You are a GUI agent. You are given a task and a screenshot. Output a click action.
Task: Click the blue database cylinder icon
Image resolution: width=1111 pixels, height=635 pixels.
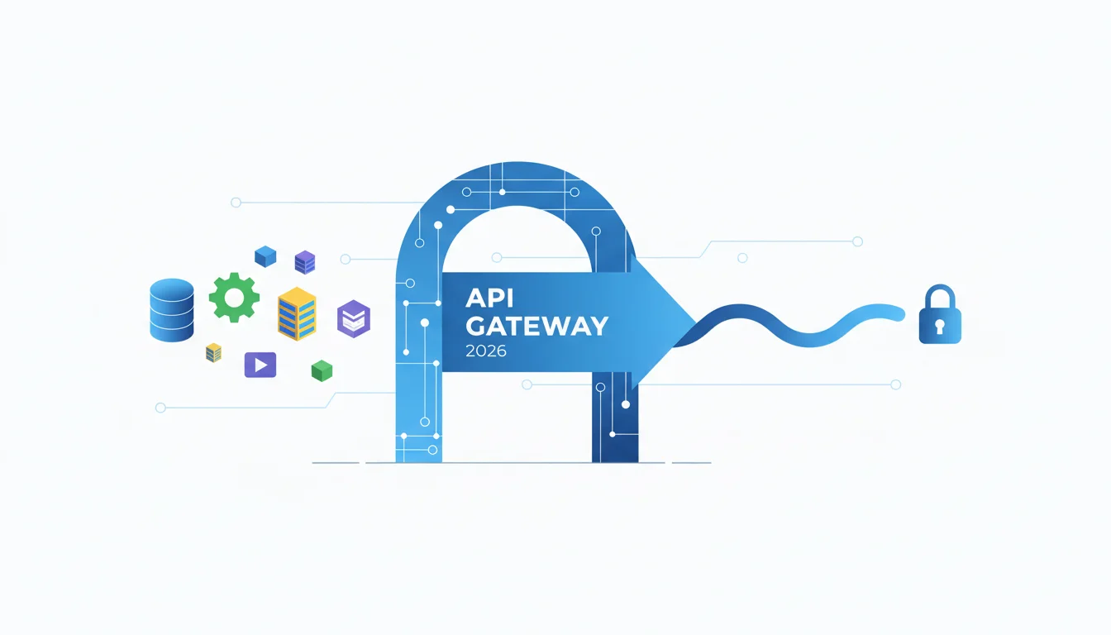(172, 310)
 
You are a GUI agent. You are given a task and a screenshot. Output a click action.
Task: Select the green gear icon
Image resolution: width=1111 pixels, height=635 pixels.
(234, 298)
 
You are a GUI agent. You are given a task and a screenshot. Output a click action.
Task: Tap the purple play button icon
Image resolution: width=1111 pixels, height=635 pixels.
(260, 365)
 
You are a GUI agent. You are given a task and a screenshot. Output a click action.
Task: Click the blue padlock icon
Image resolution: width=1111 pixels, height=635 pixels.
(940, 314)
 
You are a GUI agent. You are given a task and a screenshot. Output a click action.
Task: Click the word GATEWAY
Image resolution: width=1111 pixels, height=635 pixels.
(536, 326)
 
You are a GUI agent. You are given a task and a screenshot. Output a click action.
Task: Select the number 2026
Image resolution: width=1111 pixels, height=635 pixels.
(486, 351)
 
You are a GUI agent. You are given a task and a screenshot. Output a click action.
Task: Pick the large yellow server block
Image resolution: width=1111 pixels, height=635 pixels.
(297, 313)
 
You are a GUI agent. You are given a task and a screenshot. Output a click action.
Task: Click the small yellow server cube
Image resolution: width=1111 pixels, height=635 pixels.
(213, 353)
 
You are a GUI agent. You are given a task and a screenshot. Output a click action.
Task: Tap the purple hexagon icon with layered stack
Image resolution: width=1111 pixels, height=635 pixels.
(354, 319)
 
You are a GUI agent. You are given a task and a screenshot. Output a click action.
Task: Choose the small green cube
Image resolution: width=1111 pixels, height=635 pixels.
(322, 370)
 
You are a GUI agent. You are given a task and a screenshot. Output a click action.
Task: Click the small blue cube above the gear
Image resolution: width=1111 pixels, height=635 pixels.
(265, 256)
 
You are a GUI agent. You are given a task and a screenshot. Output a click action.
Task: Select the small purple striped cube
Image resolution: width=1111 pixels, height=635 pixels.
(305, 262)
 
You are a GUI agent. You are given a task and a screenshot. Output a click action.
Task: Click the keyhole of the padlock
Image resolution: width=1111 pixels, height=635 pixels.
(940, 326)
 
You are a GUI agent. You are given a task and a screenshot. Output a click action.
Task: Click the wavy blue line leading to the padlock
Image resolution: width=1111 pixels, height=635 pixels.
(789, 325)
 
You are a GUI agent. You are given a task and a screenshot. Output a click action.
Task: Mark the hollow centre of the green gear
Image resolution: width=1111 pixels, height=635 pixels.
(234, 298)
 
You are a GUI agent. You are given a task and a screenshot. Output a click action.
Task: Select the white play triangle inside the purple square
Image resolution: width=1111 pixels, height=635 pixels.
(261, 365)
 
